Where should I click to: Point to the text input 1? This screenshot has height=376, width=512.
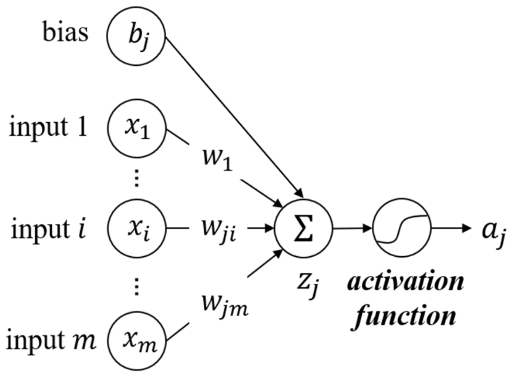[x=48, y=128]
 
